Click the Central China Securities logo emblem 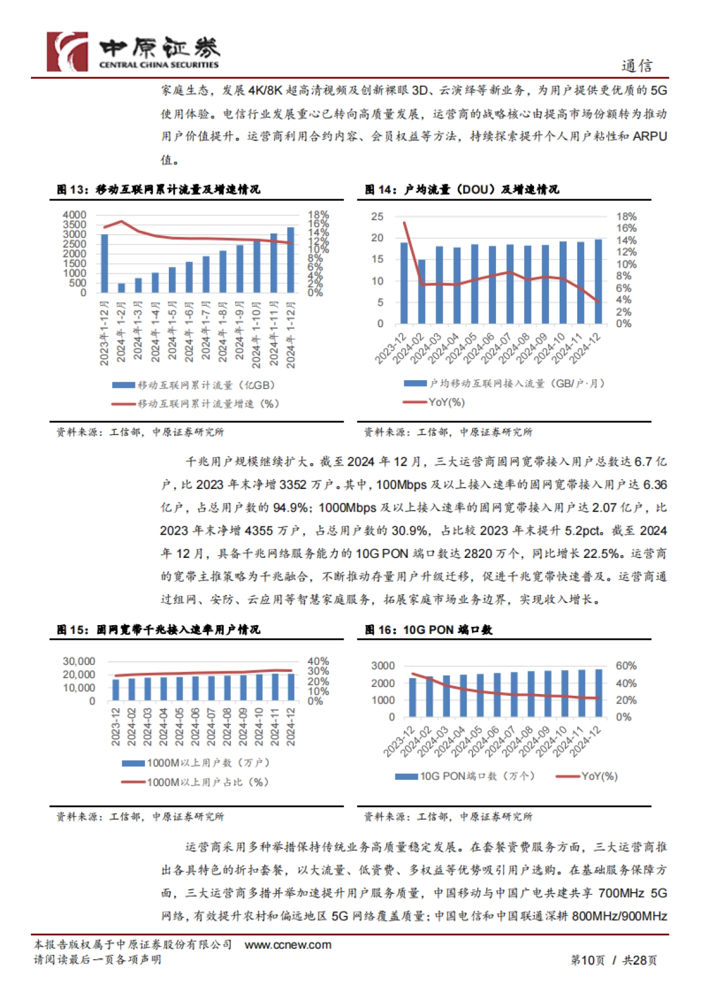(67, 52)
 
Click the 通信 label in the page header (636, 66)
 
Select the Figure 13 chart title (158, 189)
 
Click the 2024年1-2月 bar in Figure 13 (122, 287)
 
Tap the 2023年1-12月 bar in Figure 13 (105, 263)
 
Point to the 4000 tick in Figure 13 (74, 215)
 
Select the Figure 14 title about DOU (461, 189)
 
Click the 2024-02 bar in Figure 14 (422, 292)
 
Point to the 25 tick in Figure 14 (377, 217)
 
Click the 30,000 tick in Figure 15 (79, 661)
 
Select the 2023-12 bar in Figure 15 (116, 690)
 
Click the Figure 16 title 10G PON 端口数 (429, 630)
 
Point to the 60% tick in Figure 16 (626, 666)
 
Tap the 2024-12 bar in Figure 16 (599, 693)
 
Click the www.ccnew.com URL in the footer (287, 945)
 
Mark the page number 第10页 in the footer (587, 960)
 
